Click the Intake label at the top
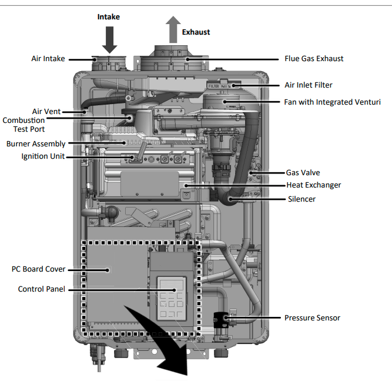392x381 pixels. pyautogui.click(x=108, y=16)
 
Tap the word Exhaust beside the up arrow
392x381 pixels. pyautogui.click(x=196, y=32)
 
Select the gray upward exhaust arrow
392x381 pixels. pyautogui.click(x=173, y=29)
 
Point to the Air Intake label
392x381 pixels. pyautogui.click(x=48, y=59)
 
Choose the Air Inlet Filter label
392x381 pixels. pyautogui.click(x=309, y=85)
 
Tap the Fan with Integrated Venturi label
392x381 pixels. pyautogui.click(x=332, y=102)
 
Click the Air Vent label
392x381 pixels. pyautogui.click(x=46, y=111)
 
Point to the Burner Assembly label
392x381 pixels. pyautogui.click(x=36, y=143)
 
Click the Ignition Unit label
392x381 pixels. pyautogui.click(x=43, y=156)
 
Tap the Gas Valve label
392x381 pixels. pyautogui.click(x=302, y=173)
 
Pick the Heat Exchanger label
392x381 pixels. pyautogui.click(x=313, y=185)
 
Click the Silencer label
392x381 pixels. pyautogui.click(x=301, y=199)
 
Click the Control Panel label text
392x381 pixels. pyautogui.click(x=41, y=289)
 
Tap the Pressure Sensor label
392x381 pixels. pyautogui.click(x=312, y=317)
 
